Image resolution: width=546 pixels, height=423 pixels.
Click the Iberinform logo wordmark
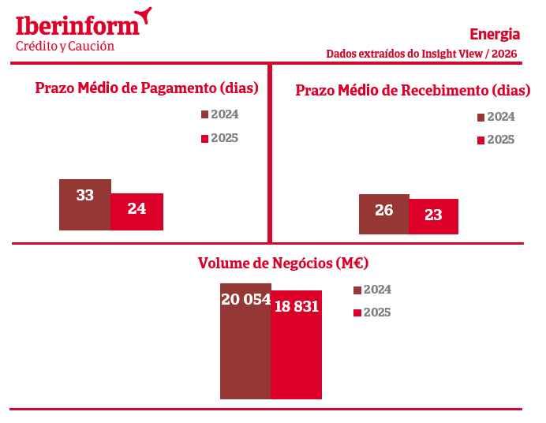pos(77,26)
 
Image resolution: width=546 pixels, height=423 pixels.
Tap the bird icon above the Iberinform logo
pos(144,15)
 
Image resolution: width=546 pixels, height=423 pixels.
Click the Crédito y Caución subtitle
pos(65,47)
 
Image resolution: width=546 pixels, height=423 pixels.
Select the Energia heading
pos(495,35)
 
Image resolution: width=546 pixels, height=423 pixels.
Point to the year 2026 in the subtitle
pos(504,54)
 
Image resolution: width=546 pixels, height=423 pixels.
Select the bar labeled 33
pos(85,204)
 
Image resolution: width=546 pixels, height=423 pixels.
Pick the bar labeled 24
pos(136,211)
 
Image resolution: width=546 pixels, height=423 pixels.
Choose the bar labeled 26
pos(384,214)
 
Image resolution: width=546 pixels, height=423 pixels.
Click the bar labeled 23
pos(433,216)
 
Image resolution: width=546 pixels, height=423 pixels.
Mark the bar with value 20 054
pos(245,341)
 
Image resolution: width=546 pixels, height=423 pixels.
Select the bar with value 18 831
pos(297,345)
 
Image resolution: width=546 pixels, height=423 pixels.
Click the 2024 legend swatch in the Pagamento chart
pos(205,114)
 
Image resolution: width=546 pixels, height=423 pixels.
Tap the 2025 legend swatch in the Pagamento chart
pos(205,139)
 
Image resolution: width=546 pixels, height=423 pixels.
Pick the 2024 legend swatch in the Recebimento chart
pos(481,118)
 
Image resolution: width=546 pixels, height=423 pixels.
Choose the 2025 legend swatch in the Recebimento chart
pos(481,140)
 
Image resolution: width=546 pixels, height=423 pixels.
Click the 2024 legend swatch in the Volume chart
pos(357,290)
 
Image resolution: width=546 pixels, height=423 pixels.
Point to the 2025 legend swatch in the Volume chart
pos(357,313)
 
